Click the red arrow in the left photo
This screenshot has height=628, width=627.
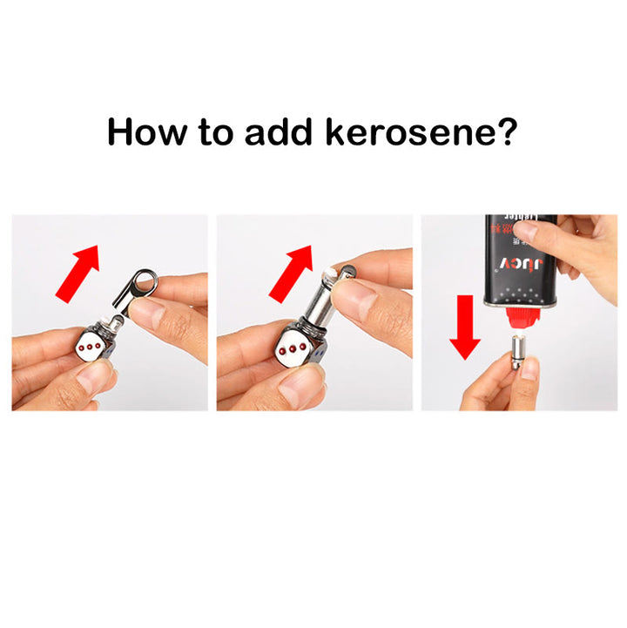[x=78, y=271]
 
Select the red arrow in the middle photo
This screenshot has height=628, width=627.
[x=291, y=271]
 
